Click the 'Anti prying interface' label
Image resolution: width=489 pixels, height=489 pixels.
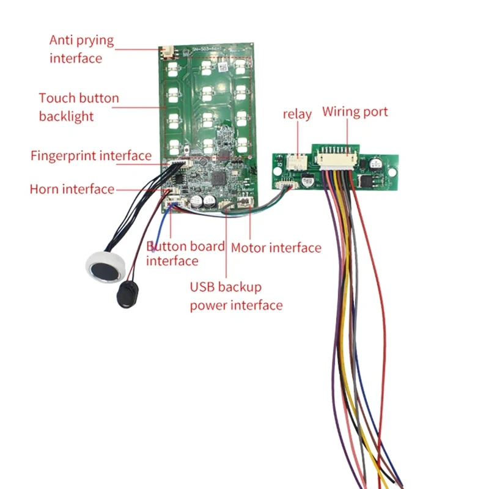coord(81,50)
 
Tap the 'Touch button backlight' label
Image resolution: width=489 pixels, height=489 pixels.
coord(79,107)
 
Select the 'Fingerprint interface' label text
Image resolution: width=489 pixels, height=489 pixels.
coord(91,156)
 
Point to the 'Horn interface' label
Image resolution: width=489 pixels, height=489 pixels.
coord(72,189)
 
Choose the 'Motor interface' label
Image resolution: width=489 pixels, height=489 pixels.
coord(276,248)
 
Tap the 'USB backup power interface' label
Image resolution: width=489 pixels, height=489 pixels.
coord(236,296)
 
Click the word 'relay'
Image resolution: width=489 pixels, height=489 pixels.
coord(297,114)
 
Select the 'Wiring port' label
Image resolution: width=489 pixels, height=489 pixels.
coord(355,112)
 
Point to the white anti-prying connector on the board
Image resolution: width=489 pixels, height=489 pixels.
coord(165,52)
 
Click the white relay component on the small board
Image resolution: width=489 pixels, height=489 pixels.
coord(297,162)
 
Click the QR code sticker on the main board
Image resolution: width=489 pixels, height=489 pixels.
coord(223,64)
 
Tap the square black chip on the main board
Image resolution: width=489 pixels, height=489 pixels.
coord(218,178)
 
